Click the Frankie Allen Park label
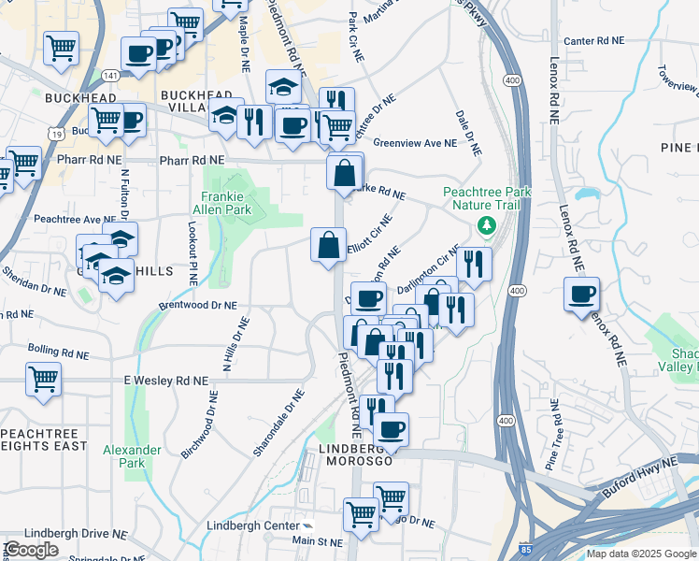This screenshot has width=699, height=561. pyautogui.click(x=226, y=203)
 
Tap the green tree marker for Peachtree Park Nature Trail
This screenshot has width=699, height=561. pyautogui.click(x=486, y=225)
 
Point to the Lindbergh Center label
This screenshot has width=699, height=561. pyautogui.click(x=252, y=525)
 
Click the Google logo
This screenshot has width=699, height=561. pyautogui.click(x=32, y=549)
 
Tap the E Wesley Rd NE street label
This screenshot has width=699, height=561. pyautogui.click(x=164, y=381)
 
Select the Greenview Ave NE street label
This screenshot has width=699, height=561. pyautogui.click(x=415, y=143)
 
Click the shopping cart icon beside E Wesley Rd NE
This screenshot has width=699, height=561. pyautogui.click(x=44, y=380)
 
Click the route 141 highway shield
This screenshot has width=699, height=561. pyautogui.click(x=111, y=73)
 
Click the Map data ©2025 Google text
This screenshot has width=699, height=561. pyautogui.click(x=640, y=554)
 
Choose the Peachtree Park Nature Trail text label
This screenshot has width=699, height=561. pyautogui.click(x=486, y=198)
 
